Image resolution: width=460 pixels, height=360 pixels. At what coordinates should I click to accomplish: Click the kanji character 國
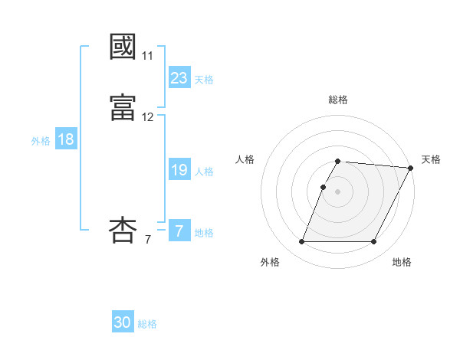(x=123, y=47)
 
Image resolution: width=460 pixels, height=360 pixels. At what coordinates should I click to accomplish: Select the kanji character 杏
(x=123, y=230)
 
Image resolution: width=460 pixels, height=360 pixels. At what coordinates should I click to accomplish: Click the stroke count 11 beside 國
(x=147, y=56)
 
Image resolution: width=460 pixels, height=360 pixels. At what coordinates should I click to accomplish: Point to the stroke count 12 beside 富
(x=147, y=117)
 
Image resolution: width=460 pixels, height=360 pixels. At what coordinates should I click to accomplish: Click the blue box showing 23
(x=179, y=78)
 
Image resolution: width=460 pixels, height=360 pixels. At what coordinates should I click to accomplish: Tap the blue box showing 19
(x=179, y=171)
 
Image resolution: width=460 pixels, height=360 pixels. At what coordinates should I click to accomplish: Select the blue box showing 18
(x=66, y=140)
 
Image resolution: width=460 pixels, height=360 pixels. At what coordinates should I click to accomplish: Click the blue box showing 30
(x=123, y=323)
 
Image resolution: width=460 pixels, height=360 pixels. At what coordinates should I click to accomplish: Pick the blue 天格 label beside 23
(x=204, y=80)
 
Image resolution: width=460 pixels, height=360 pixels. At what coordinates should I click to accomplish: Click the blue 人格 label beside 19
(x=204, y=172)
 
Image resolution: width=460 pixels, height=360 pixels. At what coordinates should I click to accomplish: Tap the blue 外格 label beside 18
(x=41, y=141)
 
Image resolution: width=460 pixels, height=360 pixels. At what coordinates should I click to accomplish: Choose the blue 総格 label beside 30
(x=147, y=324)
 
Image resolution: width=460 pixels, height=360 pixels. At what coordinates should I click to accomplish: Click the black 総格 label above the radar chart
(x=338, y=100)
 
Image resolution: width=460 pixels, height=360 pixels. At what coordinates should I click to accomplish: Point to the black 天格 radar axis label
(x=431, y=159)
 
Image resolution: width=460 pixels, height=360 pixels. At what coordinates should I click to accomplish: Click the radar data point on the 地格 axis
(x=374, y=242)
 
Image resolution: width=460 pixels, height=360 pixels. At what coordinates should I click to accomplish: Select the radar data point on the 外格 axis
(x=301, y=242)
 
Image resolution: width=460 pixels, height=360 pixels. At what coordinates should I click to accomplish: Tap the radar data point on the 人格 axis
(x=323, y=187)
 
